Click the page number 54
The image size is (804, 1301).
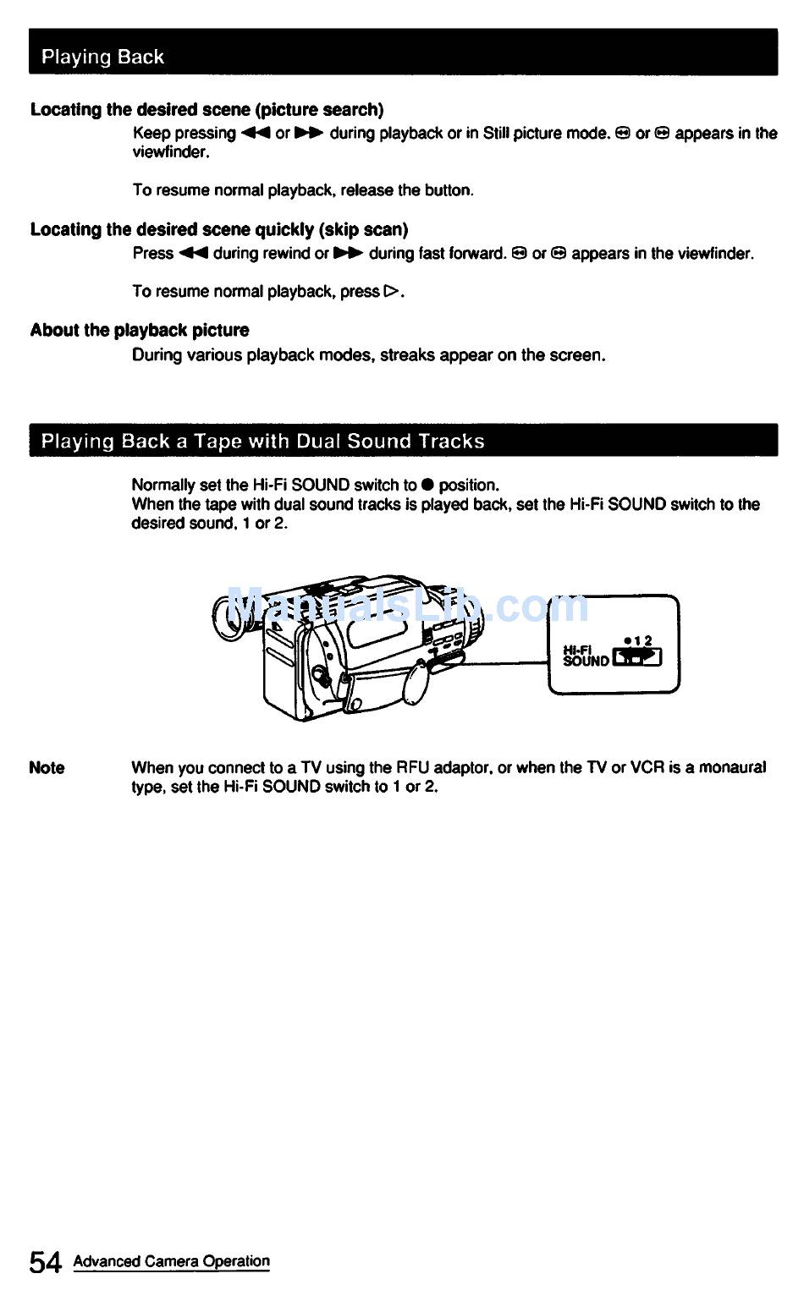pyautogui.click(x=46, y=1262)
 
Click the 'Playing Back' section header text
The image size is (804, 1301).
pyautogui.click(x=102, y=57)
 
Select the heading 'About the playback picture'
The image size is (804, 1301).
pyautogui.click(x=140, y=330)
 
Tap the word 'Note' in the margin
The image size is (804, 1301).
pyautogui.click(x=47, y=768)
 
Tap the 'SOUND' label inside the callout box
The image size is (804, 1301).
pyautogui.click(x=586, y=661)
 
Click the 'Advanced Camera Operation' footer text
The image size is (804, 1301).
pyautogui.click(x=172, y=1261)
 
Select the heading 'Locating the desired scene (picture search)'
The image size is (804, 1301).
pyautogui.click(x=207, y=110)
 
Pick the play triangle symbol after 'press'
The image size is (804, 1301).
pyautogui.click(x=390, y=292)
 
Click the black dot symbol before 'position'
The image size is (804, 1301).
pyautogui.click(x=427, y=486)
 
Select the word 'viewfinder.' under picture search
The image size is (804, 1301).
pyautogui.click(x=171, y=153)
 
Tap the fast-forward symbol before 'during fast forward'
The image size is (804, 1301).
pyautogui.click(x=348, y=254)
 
